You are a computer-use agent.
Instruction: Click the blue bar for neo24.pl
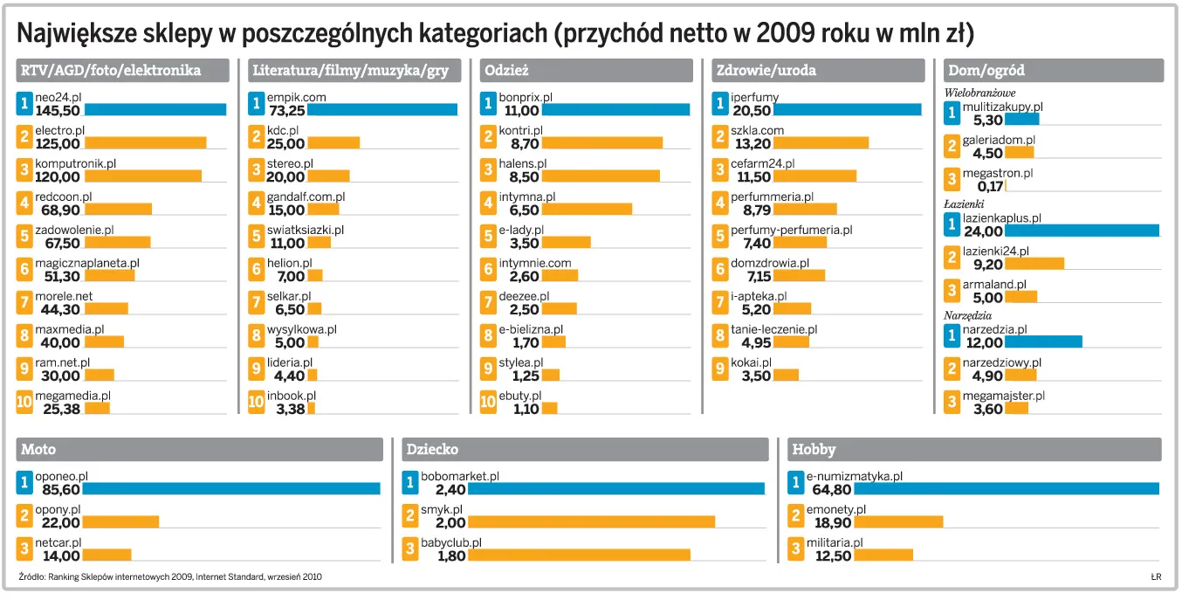(x=155, y=110)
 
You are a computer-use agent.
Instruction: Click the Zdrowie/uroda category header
(x=766, y=71)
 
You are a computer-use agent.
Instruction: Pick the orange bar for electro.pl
(x=145, y=143)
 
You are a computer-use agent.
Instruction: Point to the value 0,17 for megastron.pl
(x=990, y=186)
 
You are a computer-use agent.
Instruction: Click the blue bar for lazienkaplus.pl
(x=1082, y=231)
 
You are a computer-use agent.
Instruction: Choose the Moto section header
(x=38, y=450)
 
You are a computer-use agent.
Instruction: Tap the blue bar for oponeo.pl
(x=231, y=489)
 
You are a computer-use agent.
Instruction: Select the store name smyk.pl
(x=442, y=509)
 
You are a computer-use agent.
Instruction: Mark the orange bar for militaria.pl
(x=883, y=555)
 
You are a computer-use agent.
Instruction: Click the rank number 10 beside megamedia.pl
(x=24, y=402)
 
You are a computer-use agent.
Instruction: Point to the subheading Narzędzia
(x=968, y=315)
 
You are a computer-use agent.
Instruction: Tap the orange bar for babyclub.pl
(x=579, y=555)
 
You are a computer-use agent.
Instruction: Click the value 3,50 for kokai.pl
(x=750, y=376)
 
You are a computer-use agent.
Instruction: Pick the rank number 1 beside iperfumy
(x=719, y=105)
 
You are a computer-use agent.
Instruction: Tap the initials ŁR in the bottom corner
(x=1156, y=576)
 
